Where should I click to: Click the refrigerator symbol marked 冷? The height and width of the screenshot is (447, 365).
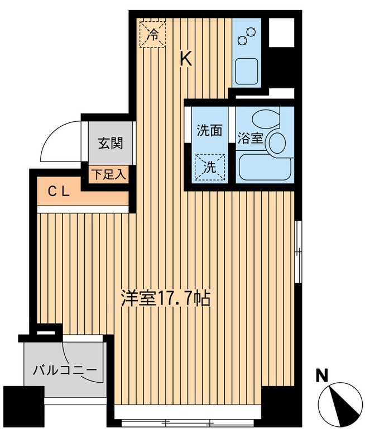click(x=152, y=34)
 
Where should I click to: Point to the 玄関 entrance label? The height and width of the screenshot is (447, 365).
click(x=111, y=143)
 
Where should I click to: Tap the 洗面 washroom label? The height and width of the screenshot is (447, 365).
click(x=209, y=131)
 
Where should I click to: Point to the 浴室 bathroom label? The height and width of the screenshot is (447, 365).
click(x=251, y=139)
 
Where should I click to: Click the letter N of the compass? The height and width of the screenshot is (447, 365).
click(x=321, y=375)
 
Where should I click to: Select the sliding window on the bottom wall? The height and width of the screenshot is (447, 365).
click(x=188, y=422)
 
